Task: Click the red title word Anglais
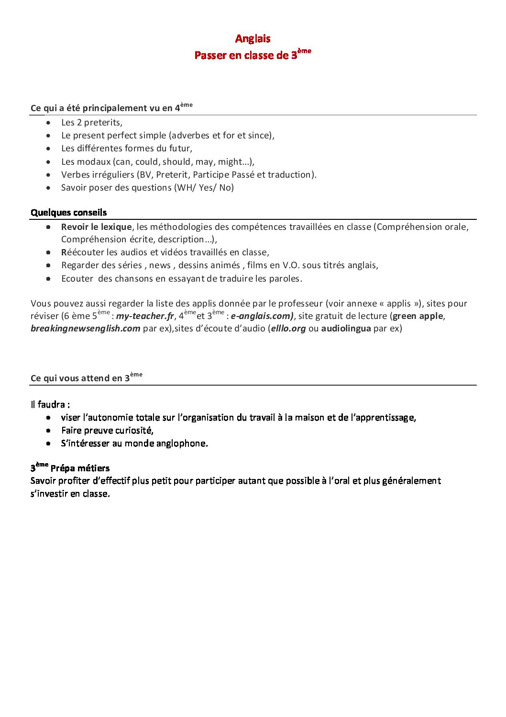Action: tap(253, 39)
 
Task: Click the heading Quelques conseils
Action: tap(69, 213)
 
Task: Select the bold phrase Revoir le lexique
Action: tap(96, 227)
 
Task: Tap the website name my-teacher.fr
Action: tap(145, 316)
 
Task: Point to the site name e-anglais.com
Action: tap(262, 316)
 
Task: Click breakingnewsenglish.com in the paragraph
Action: tap(86, 329)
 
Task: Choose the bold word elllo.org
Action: tap(288, 329)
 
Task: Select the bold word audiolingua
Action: tap(346, 329)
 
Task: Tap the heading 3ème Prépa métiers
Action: tap(70, 468)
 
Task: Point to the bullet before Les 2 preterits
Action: tap(48, 123)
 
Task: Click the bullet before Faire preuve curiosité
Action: tap(48, 431)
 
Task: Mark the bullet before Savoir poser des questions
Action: tap(48, 188)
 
